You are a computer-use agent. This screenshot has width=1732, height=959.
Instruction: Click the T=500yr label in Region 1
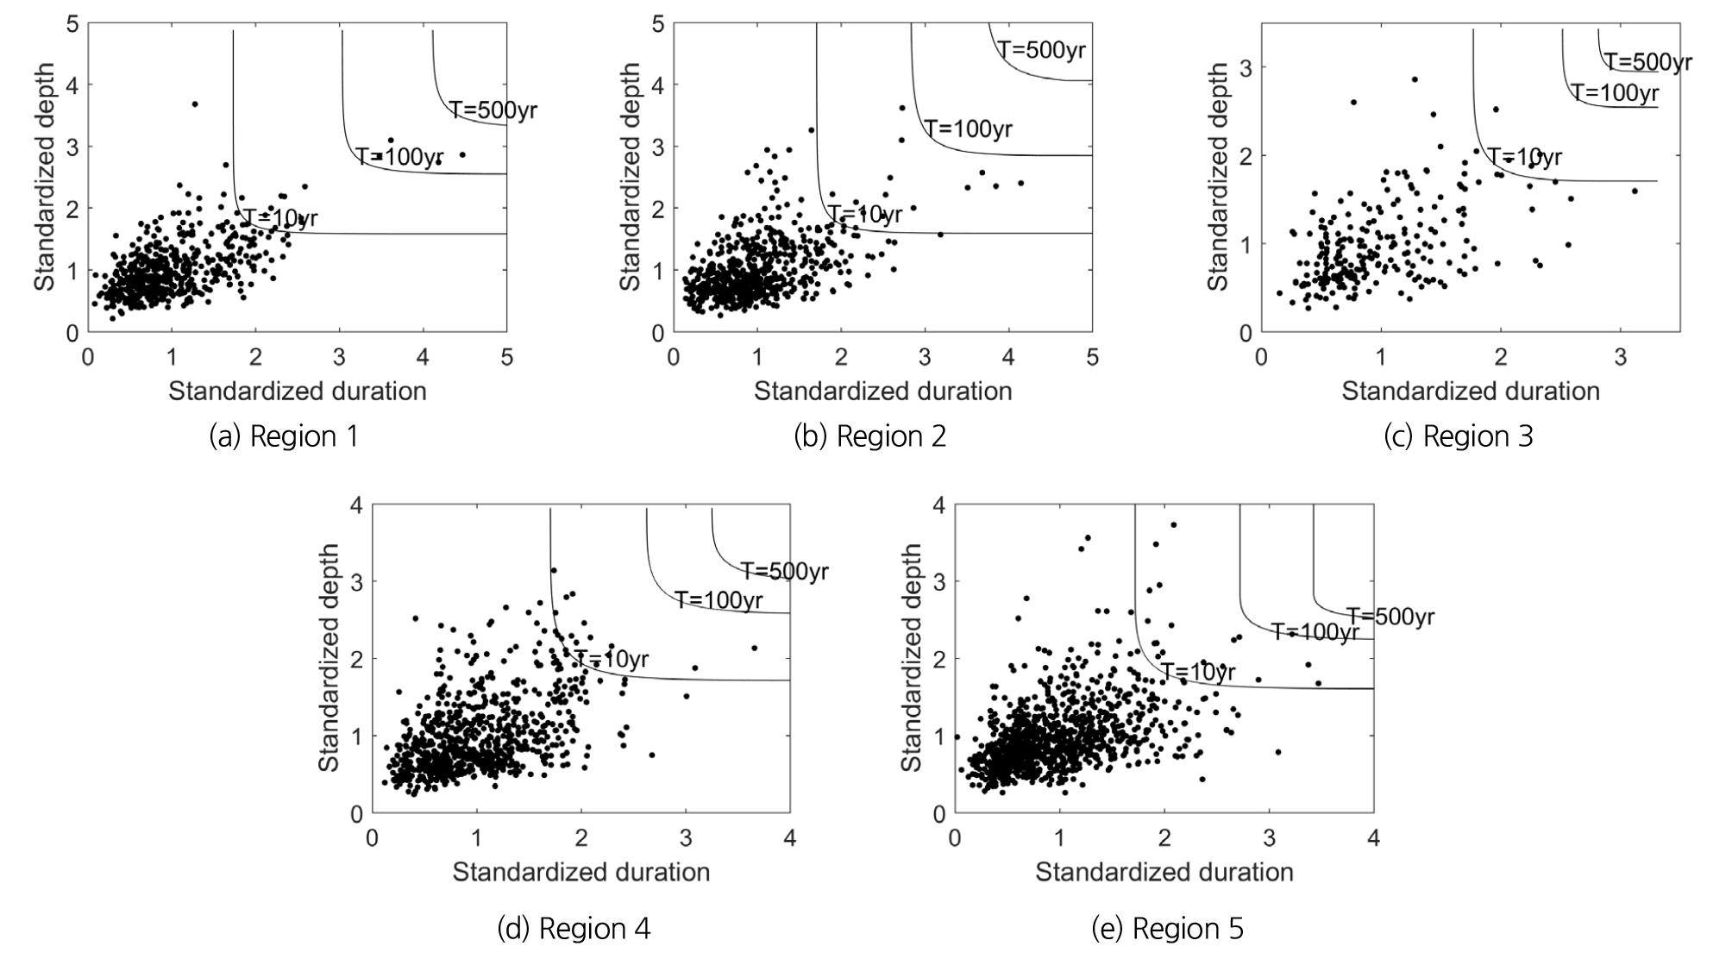pos(493,110)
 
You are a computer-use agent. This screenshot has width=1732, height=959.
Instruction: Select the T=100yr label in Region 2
pos(969,129)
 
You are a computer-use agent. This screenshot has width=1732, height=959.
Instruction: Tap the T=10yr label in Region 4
pos(612,660)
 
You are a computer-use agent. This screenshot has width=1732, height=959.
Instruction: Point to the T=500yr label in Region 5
pos(1390,617)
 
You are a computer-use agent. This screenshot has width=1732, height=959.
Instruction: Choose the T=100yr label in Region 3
pos(1614,92)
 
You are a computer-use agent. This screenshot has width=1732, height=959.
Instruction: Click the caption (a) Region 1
pos(284,436)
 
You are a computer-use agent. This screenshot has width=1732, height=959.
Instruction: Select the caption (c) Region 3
pos(1458,436)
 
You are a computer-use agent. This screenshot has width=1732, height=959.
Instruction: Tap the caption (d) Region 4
pos(574,928)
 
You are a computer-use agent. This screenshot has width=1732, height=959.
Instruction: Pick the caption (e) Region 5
pos(1167,928)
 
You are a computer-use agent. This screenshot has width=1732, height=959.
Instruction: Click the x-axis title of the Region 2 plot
pos(882,392)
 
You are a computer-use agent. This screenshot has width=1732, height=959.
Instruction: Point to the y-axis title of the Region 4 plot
pos(329,658)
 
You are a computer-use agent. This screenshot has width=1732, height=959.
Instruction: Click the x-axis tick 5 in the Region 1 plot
pos(506,356)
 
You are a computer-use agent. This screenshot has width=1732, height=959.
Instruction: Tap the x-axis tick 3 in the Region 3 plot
pos(1621,356)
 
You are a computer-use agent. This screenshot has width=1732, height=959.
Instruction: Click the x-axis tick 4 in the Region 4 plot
pos(790,837)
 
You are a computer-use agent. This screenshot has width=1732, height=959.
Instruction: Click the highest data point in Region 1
pos(195,104)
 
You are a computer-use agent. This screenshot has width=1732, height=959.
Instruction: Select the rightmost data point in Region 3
pos(1635,191)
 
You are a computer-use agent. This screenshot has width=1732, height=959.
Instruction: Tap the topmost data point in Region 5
pos(1173,524)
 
